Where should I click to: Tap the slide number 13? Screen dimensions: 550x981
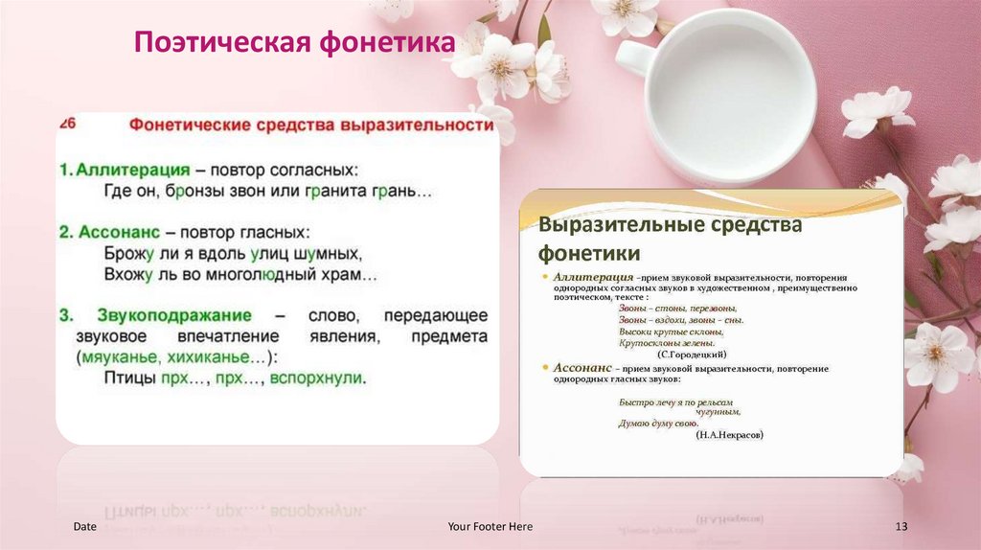(x=901, y=527)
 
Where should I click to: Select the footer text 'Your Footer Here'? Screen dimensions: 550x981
(x=490, y=527)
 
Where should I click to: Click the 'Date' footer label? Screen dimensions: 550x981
(x=84, y=527)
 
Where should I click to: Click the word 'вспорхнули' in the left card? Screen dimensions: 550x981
(x=317, y=378)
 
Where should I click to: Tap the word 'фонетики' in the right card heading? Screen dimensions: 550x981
(x=588, y=253)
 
